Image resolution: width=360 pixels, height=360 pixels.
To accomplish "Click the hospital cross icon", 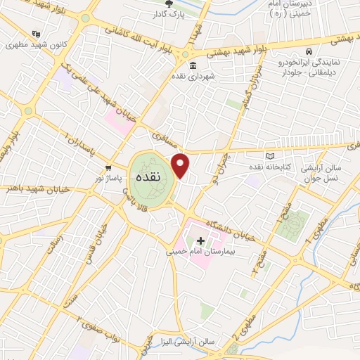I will [x=200, y=240].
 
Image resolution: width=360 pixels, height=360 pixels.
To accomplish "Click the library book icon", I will [x=271, y=155].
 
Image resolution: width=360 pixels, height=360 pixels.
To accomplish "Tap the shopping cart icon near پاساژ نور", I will [x=108, y=168].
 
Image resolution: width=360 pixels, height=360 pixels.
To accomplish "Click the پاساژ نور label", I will [x=109, y=179].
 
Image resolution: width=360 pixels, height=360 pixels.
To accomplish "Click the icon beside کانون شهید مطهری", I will [x=36, y=33].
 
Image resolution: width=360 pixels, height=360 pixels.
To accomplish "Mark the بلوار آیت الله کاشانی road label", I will [x=138, y=35].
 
